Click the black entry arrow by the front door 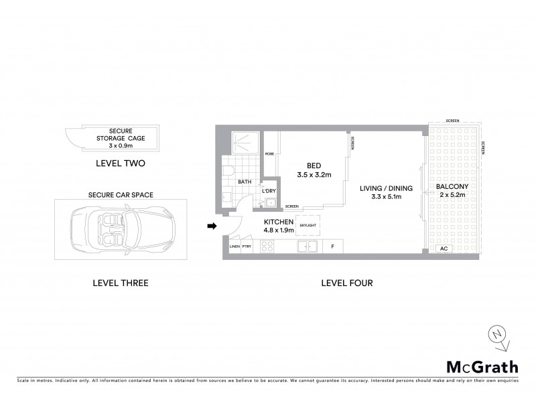212,226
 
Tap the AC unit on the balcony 443,249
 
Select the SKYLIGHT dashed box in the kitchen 308,226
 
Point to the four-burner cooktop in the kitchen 266,247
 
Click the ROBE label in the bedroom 269,153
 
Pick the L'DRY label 269,191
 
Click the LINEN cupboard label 234,247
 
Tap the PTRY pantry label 248,247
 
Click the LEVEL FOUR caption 346,283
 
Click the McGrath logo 482,366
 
